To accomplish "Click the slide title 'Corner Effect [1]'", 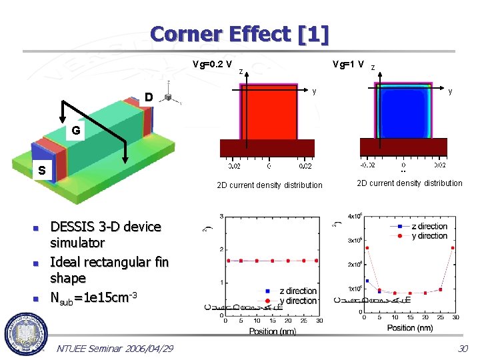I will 239,34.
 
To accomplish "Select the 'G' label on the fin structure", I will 76,131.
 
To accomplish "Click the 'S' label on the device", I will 41,171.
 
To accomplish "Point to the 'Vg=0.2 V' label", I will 212,65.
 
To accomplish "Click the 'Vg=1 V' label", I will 348,65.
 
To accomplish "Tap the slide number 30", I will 463,349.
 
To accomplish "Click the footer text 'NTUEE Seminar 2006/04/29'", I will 115,349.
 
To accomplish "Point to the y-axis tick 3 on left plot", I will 221,217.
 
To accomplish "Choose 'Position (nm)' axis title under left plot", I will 273,331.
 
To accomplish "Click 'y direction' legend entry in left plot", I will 297,301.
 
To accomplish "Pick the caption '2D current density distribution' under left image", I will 270,185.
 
